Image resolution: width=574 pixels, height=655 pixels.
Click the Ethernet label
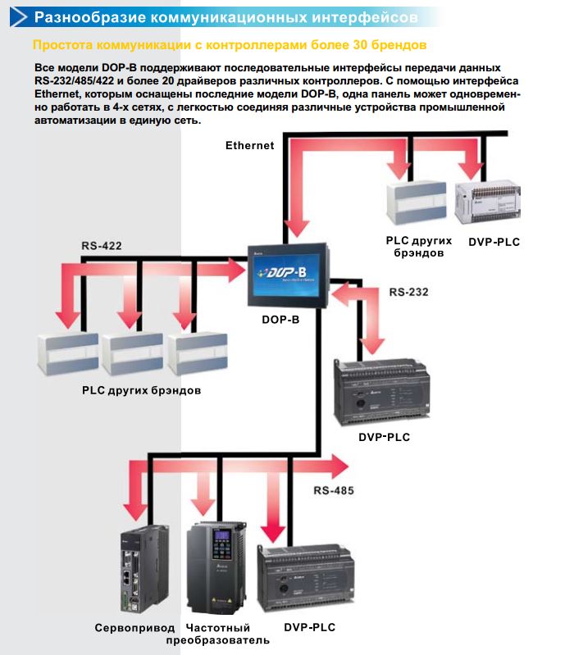pyautogui.click(x=250, y=145)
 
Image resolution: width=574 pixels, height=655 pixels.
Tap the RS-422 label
pyautogui.click(x=102, y=246)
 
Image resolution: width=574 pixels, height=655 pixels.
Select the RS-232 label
pyautogui.click(x=408, y=292)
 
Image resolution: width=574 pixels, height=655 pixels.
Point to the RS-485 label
pyautogui.click(x=334, y=490)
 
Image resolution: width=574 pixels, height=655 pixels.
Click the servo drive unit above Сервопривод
pyautogui.click(x=144, y=570)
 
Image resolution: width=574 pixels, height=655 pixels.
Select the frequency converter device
pyautogui.click(x=216, y=567)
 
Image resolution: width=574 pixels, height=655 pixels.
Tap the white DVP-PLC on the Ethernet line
pyautogui.click(x=487, y=202)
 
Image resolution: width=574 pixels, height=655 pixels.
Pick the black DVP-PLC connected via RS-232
pyautogui.click(x=381, y=391)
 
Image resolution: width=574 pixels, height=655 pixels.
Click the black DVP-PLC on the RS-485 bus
pyautogui.click(x=305, y=578)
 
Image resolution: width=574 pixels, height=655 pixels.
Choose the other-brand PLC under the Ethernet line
pyautogui.click(x=416, y=202)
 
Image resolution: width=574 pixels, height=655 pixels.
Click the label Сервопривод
pyautogui.click(x=134, y=627)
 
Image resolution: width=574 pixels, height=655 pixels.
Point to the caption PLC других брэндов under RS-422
pyautogui.click(x=141, y=390)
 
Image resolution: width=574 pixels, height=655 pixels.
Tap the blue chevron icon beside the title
pyautogui.click(x=18, y=16)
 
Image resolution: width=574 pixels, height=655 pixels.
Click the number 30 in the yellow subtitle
pyautogui.click(x=360, y=45)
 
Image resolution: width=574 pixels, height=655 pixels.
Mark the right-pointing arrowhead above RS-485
pyautogui.click(x=339, y=466)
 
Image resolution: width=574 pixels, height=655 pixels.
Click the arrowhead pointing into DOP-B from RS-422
pyautogui.click(x=236, y=271)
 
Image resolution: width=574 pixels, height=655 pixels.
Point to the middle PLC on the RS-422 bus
pyautogui.click(x=132, y=353)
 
